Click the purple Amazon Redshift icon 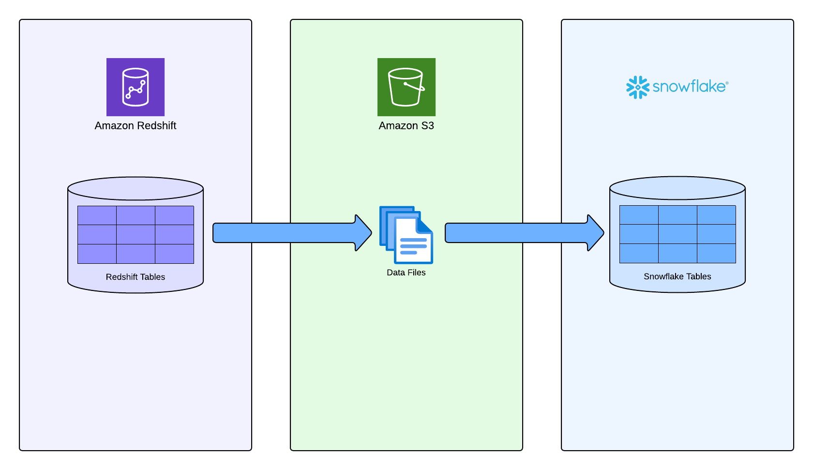tap(135, 87)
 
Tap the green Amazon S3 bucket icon tap(406, 87)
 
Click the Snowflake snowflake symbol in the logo tap(637, 87)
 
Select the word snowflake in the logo tap(689, 87)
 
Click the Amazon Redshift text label tap(135, 126)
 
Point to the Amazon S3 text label tap(406, 126)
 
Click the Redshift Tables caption tap(135, 277)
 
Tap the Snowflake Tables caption tap(677, 276)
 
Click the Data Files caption tap(406, 273)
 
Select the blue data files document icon tap(406, 235)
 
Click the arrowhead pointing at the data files tap(363, 233)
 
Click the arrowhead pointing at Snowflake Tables tap(595, 233)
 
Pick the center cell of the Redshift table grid tap(135, 235)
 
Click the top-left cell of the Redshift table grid tap(97, 215)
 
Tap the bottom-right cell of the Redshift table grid tap(174, 254)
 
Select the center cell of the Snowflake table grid tap(677, 234)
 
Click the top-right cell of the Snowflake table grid tap(716, 215)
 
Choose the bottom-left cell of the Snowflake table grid tap(639, 253)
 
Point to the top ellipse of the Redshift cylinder tap(135, 188)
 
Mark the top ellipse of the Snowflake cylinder tap(677, 188)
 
